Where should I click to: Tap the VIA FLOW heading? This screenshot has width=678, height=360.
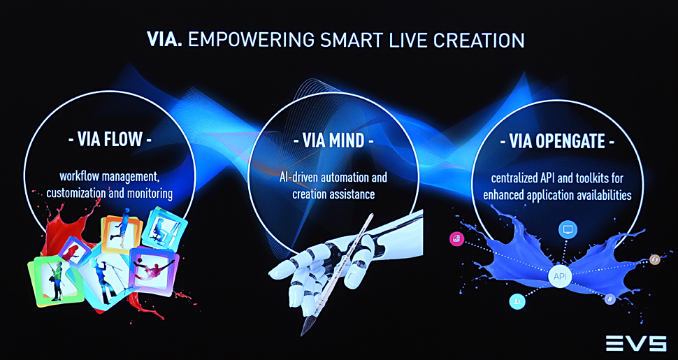pyautogui.click(x=110, y=139)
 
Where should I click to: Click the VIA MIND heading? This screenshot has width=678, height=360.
pyautogui.click(x=333, y=141)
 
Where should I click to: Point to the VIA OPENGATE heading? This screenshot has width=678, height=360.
pyautogui.click(x=557, y=141)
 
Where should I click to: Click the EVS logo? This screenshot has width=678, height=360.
pyautogui.click(x=635, y=343)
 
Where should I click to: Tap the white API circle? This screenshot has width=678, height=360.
pyautogui.click(x=561, y=276)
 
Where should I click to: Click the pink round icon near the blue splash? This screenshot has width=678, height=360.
pyautogui.click(x=456, y=238)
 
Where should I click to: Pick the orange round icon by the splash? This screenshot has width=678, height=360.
pyautogui.click(x=655, y=259)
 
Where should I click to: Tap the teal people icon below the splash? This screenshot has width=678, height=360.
pyautogui.click(x=517, y=301)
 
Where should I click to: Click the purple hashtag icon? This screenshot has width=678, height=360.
pyautogui.click(x=610, y=298)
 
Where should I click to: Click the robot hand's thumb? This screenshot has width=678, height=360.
pyautogui.click(x=358, y=273)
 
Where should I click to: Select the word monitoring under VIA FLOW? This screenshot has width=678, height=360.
pyautogui.click(x=150, y=193)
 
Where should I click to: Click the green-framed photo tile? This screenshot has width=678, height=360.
pyautogui.click(x=52, y=280)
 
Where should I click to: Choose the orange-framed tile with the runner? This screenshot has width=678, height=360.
pyautogui.click(x=122, y=233)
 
